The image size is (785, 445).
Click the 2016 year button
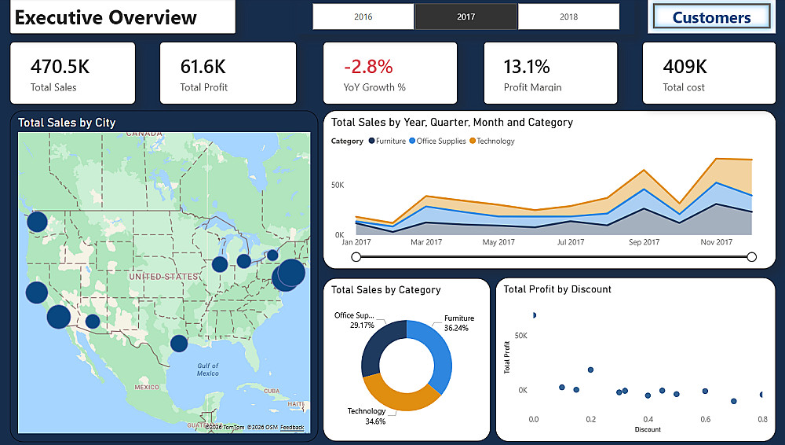pyautogui.click(x=363, y=17)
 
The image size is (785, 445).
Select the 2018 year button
pyautogui.click(x=568, y=17)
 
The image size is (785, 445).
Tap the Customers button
pyautogui.click(x=711, y=17)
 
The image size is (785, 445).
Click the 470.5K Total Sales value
pyautogui.click(x=60, y=66)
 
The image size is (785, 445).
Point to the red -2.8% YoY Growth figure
pyautogui.click(x=368, y=66)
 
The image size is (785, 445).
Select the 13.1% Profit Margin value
pyautogui.click(x=527, y=66)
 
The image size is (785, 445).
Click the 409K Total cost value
pyautogui.click(x=685, y=66)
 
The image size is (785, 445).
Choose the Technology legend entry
pyautogui.click(x=492, y=141)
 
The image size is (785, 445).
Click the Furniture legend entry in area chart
pyautogui.click(x=388, y=141)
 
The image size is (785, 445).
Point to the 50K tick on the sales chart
pyautogui.click(x=338, y=185)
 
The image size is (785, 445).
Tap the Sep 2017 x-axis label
pyautogui.click(x=644, y=242)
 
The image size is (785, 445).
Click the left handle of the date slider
pyautogui.click(x=356, y=257)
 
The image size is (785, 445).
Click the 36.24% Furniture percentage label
pyautogui.click(x=456, y=328)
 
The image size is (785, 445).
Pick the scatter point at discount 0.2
pyautogui.click(x=591, y=370)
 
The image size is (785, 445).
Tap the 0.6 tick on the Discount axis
pyautogui.click(x=706, y=419)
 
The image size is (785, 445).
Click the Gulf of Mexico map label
pyautogui.click(x=208, y=370)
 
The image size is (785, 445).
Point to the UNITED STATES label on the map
pyautogui.click(x=164, y=277)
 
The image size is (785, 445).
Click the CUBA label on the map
pyautogui.click(x=272, y=391)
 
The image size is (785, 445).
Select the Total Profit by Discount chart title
pyautogui.click(x=557, y=289)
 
